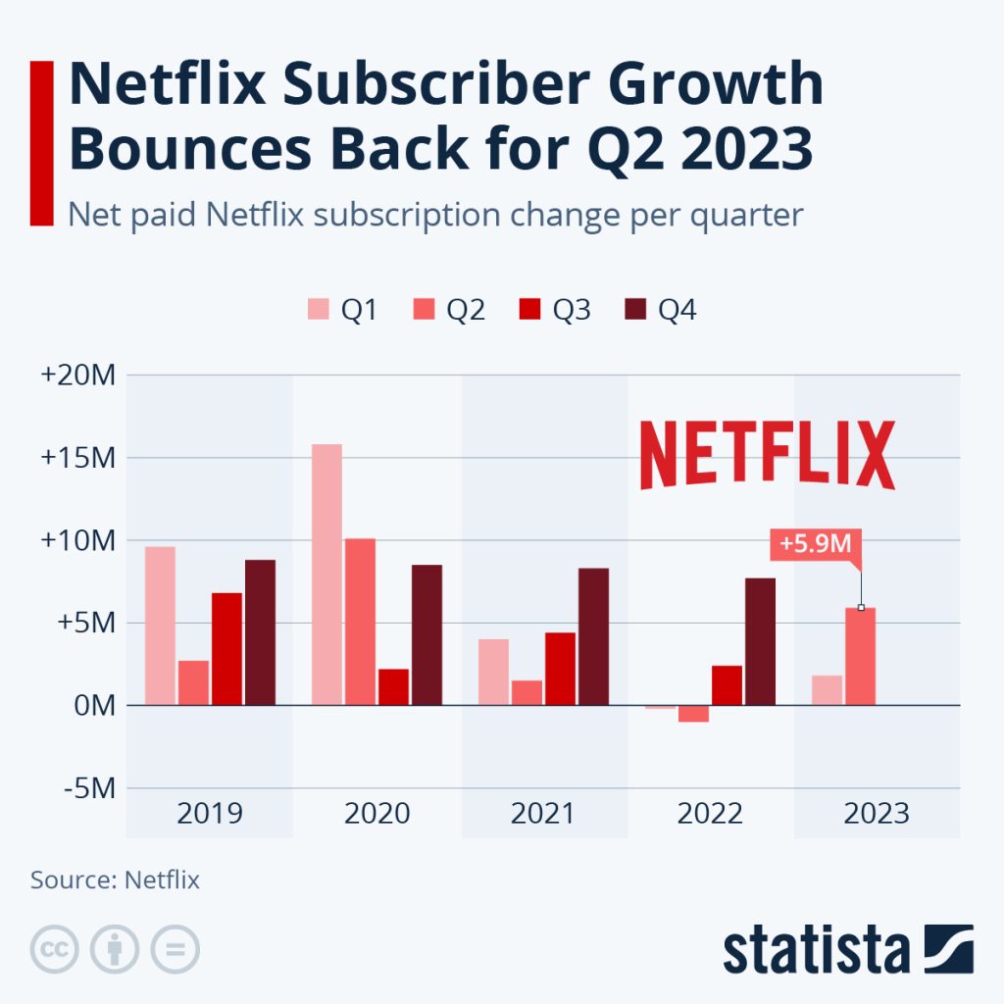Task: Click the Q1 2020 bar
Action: coord(326,575)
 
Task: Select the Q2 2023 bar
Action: coord(861,656)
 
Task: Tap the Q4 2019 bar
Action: coord(260,632)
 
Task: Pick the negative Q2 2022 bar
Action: coord(693,713)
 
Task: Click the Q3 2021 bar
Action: coord(560,669)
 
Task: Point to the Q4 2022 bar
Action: coord(760,641)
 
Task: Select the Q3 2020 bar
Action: coord(393,686)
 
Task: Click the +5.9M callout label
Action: coord(815,543)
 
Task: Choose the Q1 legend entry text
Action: coord(360,311)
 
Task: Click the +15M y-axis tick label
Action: coord(79,458)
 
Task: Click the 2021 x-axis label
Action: coord(544,814)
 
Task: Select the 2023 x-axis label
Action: coord(877,814)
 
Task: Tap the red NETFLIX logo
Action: coord(767,455)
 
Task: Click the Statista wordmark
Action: coord(816,950)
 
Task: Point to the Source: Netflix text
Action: coord(115,879)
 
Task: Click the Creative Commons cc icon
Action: coord(55,949)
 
